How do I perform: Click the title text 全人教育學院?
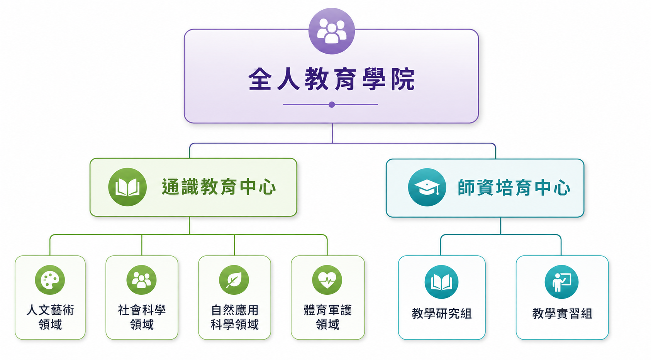[x=332, y=79]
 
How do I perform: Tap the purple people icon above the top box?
[x=332, y=31]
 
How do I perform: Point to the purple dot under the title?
[x=332, y=105]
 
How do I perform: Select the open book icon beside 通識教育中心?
[x=127, y=187]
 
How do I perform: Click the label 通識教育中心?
[x=219, y=187]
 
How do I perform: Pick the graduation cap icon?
[x=427, y=187]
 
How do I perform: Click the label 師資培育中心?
[x=514, y=188]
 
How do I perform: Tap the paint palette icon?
[x=50, y=280]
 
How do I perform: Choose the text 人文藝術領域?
[x=50, y=317]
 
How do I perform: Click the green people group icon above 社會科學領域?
[x=142, y=280]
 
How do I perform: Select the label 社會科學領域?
[x=142, y=317]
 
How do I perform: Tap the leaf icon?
[x=234, y=280]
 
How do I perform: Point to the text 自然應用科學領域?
[x=234, y=317]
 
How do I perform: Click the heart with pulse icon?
[x=327, y=280]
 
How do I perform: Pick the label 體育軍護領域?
[x=327, y=317]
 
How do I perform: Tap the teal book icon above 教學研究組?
[x=441, y=282]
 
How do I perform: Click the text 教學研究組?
[x=442, y=314]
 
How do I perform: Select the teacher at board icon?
[x=561, y=282]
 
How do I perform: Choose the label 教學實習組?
[x=562, y=314]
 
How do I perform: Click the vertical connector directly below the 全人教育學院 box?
[x=332, y=133]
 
